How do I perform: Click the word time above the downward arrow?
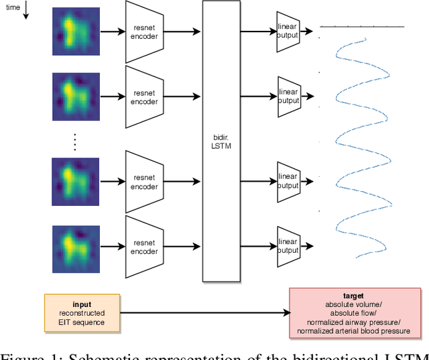pos(13,7)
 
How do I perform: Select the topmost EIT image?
pos(74,32)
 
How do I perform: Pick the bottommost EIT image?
pos(74,247)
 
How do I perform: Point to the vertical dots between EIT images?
pos(74,142)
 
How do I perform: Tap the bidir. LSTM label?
pos(221,141)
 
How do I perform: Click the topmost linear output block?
pos(288,31)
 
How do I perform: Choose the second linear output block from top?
pos(288,97)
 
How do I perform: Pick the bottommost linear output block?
pos(288,247)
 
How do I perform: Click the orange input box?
pos(82,312)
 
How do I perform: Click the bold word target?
pos(353,296)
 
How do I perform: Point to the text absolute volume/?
pos(353,304)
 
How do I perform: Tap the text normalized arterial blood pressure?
pos(353,330)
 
